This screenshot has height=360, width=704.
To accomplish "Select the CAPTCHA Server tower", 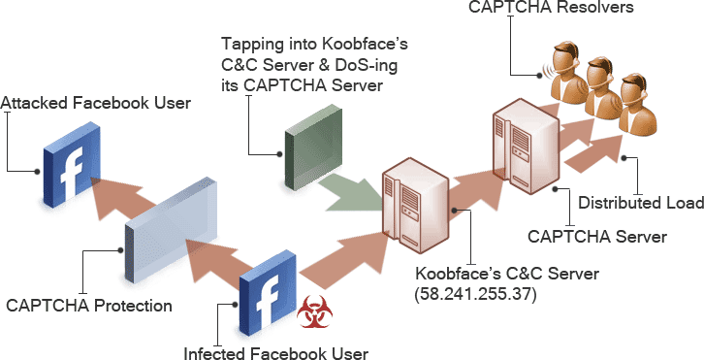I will pyautogui.click(x=525, y=145).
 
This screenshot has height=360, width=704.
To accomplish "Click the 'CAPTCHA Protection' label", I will pyautogui.click(x=89, y=306).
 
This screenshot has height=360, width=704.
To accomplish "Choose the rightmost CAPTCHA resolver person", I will pyautogui.click(x=636, y=102).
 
